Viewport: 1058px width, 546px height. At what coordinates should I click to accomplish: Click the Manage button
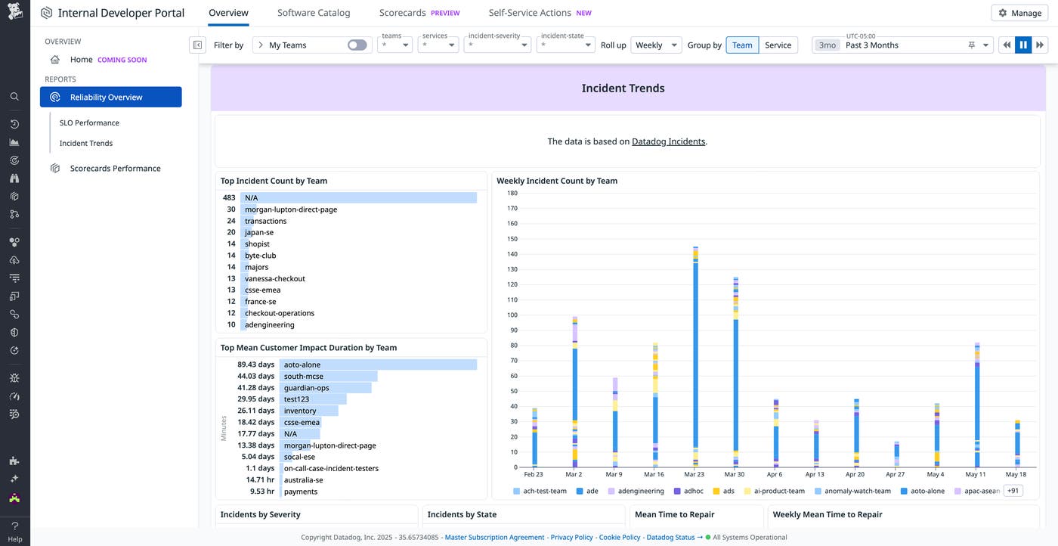click(1019, 13)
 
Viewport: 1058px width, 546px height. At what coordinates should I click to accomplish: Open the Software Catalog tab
click(314, 13)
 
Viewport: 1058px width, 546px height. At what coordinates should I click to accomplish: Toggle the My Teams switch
click(357, 45)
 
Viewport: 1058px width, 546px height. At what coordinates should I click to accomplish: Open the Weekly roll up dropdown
click(655, 45)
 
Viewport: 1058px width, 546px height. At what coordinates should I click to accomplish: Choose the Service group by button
click(778, 45)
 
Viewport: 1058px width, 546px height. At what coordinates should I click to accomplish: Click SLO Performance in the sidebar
click(89, 123)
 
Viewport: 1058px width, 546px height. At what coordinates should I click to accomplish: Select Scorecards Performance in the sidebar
click(115, 169)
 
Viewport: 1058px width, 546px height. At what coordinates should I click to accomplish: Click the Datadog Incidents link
click(668, 141)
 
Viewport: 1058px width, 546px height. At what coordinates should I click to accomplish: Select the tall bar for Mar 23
click(695, 355)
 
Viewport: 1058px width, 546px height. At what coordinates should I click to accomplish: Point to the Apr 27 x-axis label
click(895, 474)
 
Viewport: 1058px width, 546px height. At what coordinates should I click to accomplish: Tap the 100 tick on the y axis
click(512, 315)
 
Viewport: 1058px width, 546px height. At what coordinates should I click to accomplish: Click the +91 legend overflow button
click(1013, 491)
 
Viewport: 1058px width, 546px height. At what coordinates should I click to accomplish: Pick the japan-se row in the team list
click(259, 232)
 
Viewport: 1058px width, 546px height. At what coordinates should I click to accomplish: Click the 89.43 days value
click(255, 365)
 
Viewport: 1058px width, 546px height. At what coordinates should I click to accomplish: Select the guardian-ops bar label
click(306, 387)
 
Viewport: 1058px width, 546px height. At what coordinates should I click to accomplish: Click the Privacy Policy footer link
click(571, 538)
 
